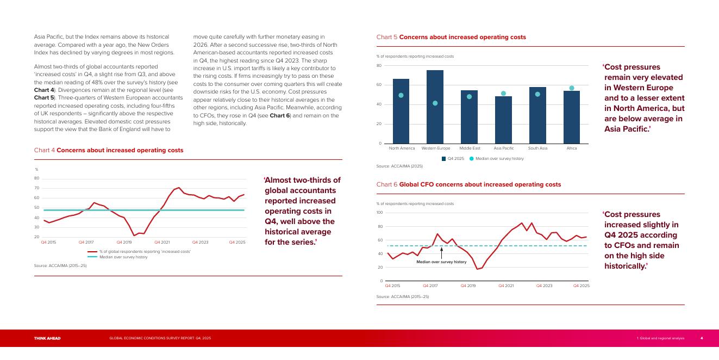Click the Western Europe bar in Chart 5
435,107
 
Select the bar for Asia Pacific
503,120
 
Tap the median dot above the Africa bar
572,88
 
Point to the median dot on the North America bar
401,96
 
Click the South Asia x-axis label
537,148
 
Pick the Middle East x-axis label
470,148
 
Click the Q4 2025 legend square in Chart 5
443,159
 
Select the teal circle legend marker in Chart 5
471,159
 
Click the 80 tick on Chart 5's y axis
379,66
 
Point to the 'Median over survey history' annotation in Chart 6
441,262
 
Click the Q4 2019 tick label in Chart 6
468,286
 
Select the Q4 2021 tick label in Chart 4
162,242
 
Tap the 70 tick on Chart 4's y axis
36,188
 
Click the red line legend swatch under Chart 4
92,252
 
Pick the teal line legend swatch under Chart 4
92,257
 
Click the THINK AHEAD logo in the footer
47,338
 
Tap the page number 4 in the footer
702,338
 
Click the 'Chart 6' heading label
386,184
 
